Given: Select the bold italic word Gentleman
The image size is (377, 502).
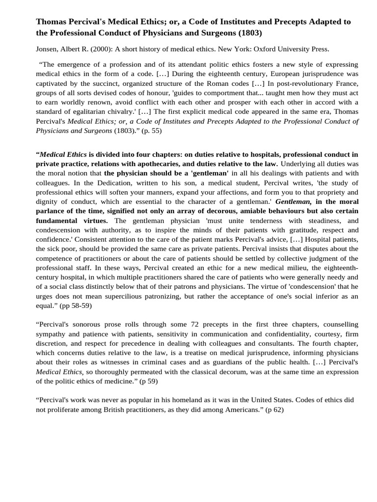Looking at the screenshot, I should click(x=293, y=201).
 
